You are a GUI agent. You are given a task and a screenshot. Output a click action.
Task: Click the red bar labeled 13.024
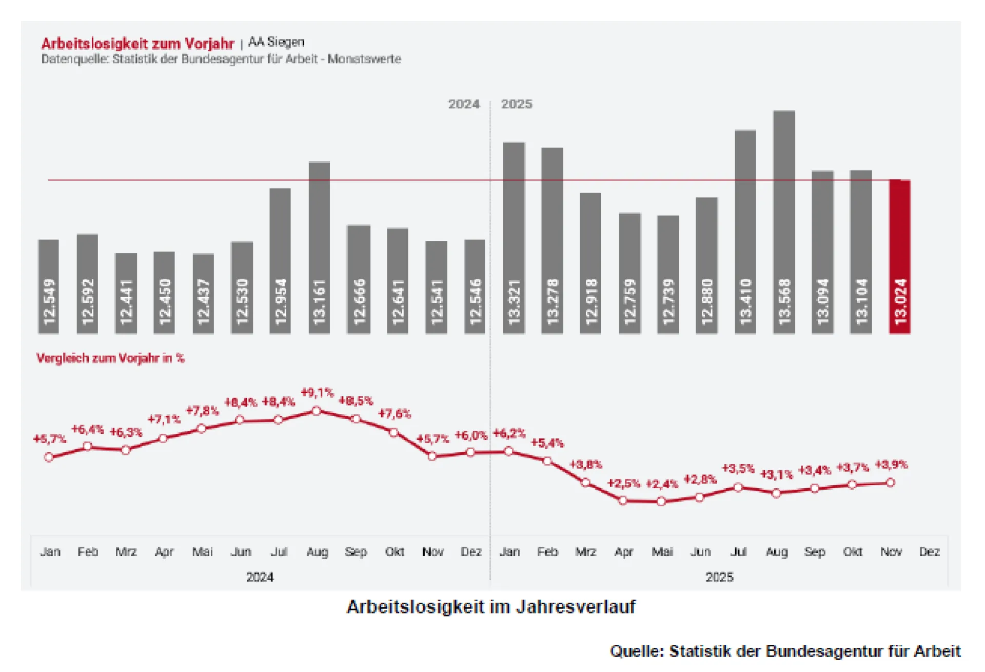click(900, 257)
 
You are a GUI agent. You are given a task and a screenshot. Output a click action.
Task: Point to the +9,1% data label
click(317, 393)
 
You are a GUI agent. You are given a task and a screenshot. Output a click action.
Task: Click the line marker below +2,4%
click(661, 501)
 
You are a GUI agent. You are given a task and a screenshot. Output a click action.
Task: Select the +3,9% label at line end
click(891, 465)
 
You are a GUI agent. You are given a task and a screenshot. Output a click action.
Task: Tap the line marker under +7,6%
click(393, 433)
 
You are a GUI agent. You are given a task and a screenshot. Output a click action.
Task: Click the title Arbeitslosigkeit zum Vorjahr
click(137, 44)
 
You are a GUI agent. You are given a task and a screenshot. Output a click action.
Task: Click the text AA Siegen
click(277, 42)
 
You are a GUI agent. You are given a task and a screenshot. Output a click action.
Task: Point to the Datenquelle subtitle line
click(221, 59)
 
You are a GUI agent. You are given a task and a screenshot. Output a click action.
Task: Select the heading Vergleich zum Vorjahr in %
click(110, 358)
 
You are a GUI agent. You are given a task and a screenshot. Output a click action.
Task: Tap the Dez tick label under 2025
click(929, 552)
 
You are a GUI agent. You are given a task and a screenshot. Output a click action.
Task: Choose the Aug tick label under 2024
click(317, 552)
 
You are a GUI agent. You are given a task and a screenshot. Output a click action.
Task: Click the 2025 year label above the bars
click(516, 104)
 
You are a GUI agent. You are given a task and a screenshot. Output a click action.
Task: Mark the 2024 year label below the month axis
click(260, 578)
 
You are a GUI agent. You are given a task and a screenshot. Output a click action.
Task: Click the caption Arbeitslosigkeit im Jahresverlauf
click(491, 607)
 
